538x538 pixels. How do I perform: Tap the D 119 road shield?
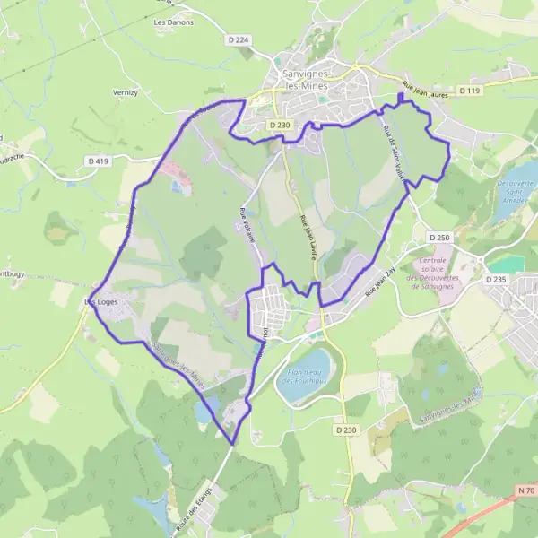coord(470,91)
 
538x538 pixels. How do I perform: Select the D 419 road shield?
coord(99,161)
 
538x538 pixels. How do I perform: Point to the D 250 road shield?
coord(438,237)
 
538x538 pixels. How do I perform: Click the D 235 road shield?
coord(497,280)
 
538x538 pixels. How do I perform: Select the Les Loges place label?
coord(100,302)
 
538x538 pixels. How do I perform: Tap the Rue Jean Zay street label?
coord(380,279)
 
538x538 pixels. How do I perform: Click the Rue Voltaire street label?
coord(247,226)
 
